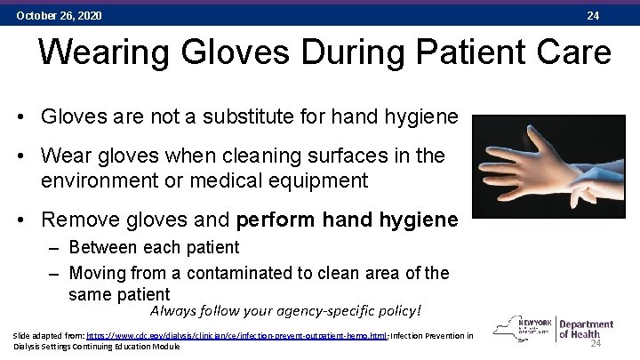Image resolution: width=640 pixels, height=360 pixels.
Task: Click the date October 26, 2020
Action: pyautogui.click(x=59, y=16)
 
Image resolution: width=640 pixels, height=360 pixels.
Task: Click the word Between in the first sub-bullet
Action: pyautogui.click(x=99, y=247)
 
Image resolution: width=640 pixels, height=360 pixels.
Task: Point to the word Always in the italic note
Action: pyautogui.click(x=173, y=311)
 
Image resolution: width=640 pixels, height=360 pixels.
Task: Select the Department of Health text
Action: pyautogui.click(x=586, y=330)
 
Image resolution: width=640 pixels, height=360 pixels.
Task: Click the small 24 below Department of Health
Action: pyautogui.click(x=596, y=345)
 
